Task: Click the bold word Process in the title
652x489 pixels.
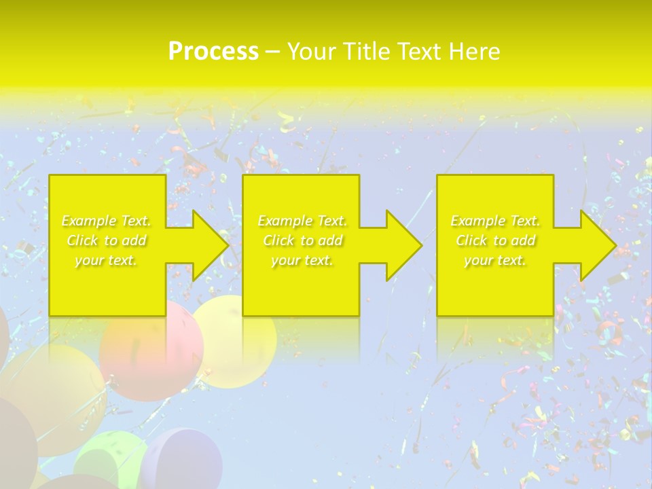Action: tap(213, 52)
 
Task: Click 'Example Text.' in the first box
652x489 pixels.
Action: tap(107, 221)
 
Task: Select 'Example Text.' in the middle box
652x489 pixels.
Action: tap(302, 221)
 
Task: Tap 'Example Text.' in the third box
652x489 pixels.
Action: tap(495, 221)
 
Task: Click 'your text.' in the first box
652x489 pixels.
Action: tap(106, 261)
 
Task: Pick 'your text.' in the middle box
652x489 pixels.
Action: tap(302, 261)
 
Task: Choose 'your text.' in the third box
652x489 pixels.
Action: tap(495, 261)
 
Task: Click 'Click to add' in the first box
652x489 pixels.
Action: tap(107, 241)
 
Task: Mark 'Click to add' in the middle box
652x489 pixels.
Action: tap(302, 241)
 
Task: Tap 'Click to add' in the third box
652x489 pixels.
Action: tap(495, 241)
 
